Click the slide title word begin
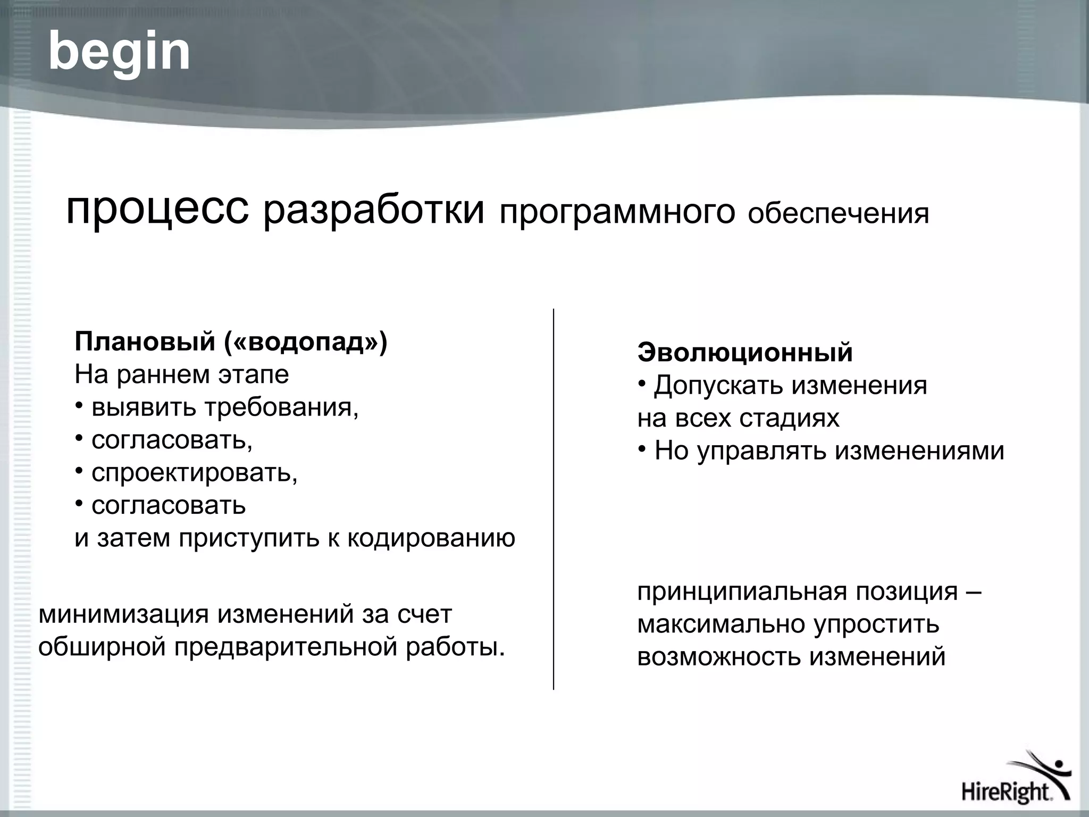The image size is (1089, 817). [x=119, y=52]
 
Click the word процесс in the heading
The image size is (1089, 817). [x=157, y=209]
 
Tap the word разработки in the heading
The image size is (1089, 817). [x=374, y=210]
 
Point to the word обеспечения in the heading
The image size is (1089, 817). [x=838, y=214]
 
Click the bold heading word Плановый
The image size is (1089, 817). [x=144, y=342]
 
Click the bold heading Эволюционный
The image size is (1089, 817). [x=745, y=352]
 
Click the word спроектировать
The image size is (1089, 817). [x=194, y=473]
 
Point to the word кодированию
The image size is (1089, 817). [x=431, y=538]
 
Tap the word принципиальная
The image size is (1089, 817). [x=742, y=591]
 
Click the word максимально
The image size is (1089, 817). [x=722, y=624]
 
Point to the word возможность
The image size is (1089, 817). [x=719, y=656]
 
